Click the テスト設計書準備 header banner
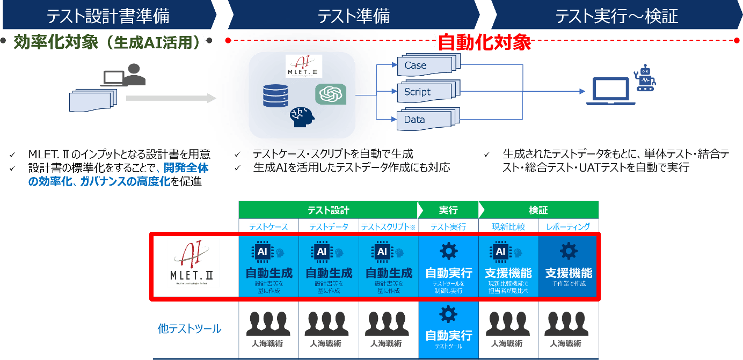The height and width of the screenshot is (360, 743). click(x=107, y=16)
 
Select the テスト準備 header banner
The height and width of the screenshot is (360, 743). click(x=353, y=16)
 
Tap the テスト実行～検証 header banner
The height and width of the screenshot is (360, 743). click(x=616, y=16)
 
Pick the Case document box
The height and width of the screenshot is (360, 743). click(x=424, y=65)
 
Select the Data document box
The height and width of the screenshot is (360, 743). click(x=424, y=120)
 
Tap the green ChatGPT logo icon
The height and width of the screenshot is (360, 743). click(x=330, y=94)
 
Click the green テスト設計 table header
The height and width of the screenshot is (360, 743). click(x=328, y=210)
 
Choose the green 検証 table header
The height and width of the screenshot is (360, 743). click(x=538, y=210)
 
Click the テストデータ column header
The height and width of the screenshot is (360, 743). click(x=329, y=227)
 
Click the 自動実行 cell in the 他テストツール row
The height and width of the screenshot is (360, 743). click(x=448, y=329)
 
